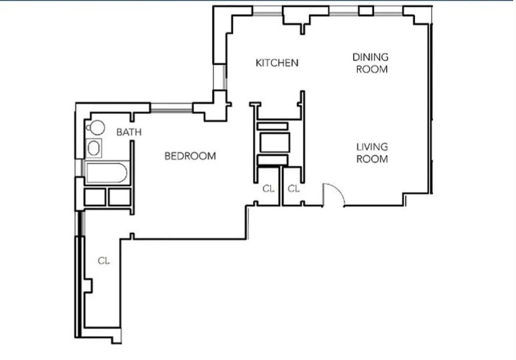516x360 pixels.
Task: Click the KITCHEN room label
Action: [277, 63]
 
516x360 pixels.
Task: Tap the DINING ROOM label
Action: [370, 63]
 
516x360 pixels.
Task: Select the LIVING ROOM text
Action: [372, 153]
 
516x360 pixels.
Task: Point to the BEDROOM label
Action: [190, 156]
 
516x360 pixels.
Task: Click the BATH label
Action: [129, 132]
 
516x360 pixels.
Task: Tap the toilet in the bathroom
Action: [95, 128]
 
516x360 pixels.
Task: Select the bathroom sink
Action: [94, 148]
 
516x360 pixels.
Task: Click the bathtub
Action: [107, 173]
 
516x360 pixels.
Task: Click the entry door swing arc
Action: [335, 193]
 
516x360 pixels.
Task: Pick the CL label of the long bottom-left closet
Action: [103, 261]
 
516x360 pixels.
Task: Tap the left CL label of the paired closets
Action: [268, 189]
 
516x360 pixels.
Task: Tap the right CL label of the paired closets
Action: [293, 189]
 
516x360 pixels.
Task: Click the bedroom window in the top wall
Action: [171, 107]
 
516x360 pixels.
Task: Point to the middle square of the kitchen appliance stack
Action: [274, 143]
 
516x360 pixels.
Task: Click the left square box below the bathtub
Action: [95, 197]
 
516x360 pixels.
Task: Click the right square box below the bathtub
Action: [119, 197]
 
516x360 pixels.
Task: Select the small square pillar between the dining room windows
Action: [366, 10]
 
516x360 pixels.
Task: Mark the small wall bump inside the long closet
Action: [89, 285]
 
